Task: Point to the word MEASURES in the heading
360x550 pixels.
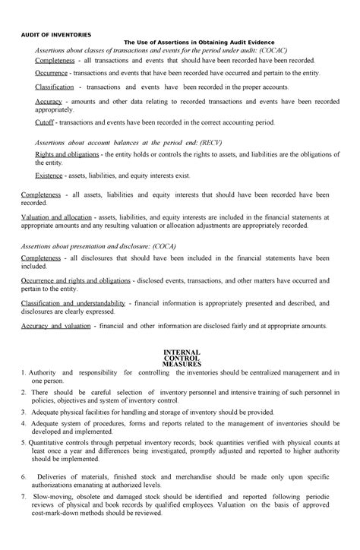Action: (x=180, y=365)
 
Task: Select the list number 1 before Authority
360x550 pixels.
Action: (x=24, y=373)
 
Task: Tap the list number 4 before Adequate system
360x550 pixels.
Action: (x=24, y=422)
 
